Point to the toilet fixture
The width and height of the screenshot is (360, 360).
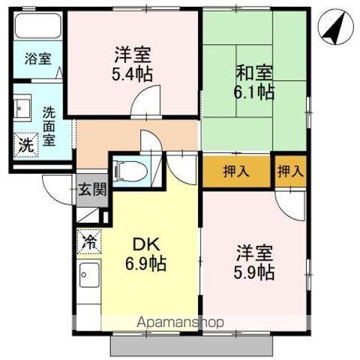point(132,169)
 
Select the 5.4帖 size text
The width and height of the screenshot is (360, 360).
point(133,74)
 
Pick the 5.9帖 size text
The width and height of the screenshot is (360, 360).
point(254,271)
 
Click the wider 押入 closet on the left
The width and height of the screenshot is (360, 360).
point(236,171)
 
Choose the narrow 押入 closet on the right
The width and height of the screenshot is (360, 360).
point(291,171)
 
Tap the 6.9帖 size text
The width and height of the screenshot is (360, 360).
point(145,264)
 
